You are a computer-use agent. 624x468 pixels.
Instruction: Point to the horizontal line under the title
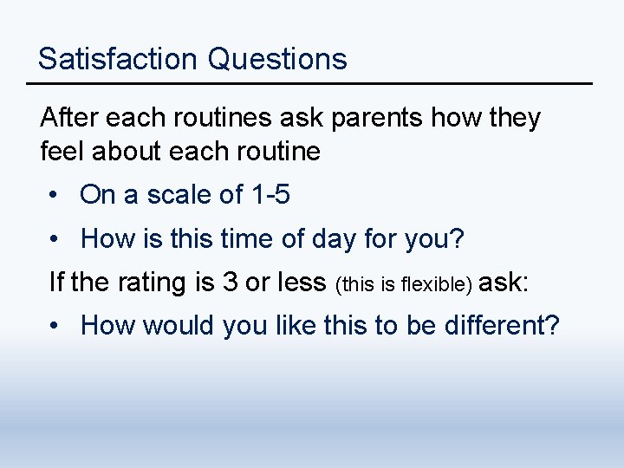(309, 83)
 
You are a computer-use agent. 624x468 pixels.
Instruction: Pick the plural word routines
(217, 117)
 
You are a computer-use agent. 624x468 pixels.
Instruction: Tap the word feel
(62, 152)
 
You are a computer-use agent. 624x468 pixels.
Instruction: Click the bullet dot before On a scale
(54, 195)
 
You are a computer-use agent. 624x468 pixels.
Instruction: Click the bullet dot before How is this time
(54, 238)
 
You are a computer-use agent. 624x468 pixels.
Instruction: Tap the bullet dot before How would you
(54, 326)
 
